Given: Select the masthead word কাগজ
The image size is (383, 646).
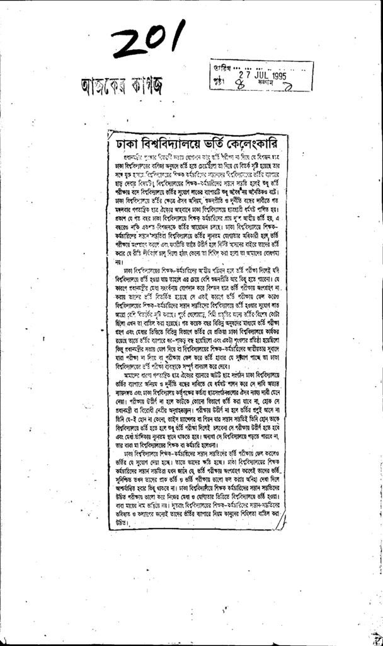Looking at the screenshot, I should click(x=147, y=83).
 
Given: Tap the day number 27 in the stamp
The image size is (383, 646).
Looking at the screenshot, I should click(x=238, y=74).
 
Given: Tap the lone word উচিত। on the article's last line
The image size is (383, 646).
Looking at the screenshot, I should click(x=111, y=522).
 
